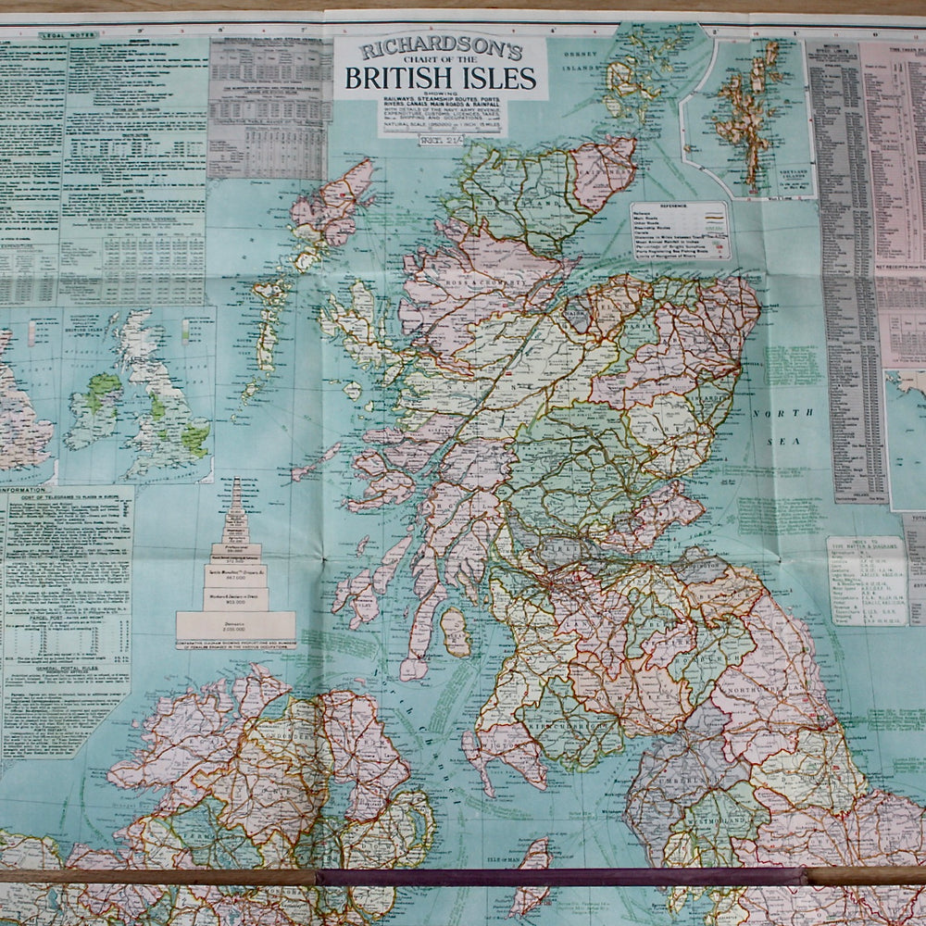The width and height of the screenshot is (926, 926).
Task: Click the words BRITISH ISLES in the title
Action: tap(440, 78)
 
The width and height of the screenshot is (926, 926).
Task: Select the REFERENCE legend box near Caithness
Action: tap(681, 231)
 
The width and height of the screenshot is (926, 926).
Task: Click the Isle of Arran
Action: tap(455, 632)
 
